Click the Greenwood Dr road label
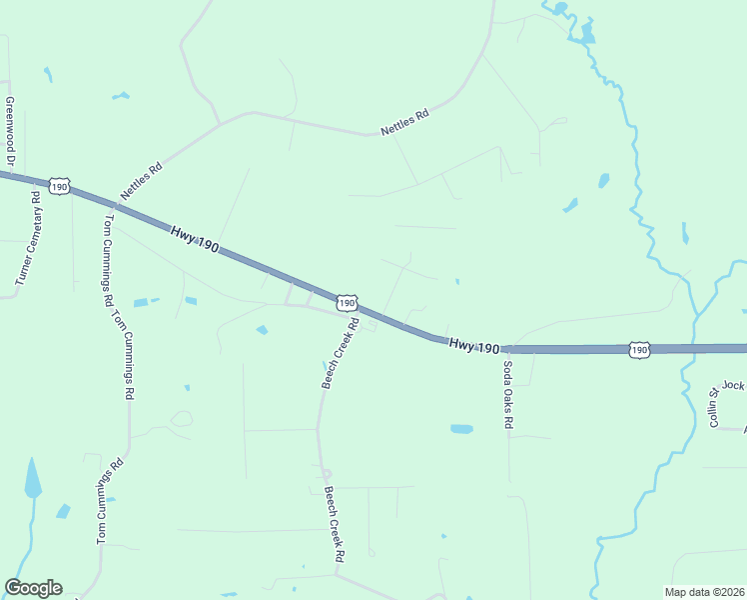pyautogui.click(x=10, y=131)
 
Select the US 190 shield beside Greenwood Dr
pyautogui.click(x=60, y=187)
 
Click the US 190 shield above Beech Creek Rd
pyautogui.click(x=346, y=302)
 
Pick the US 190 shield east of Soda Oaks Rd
pyautogui.click(x=639, y=350)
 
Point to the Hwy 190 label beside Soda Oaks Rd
pyautogui.click(x=473, y=346)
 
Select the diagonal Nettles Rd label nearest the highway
pyautogui.click(x=141, y=181)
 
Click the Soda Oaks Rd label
pyautogui.click(x=507, y=394)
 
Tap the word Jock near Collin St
pyautogui.click(x=734, y=385)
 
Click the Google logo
pyautogui.click(x=33, y=588)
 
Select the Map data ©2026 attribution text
pyautogui.click(x=705, y=592)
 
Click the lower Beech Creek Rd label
pyautogui.click(x=334, y=523)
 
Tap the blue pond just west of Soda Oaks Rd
pyautogui.click(x=461, y=429)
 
